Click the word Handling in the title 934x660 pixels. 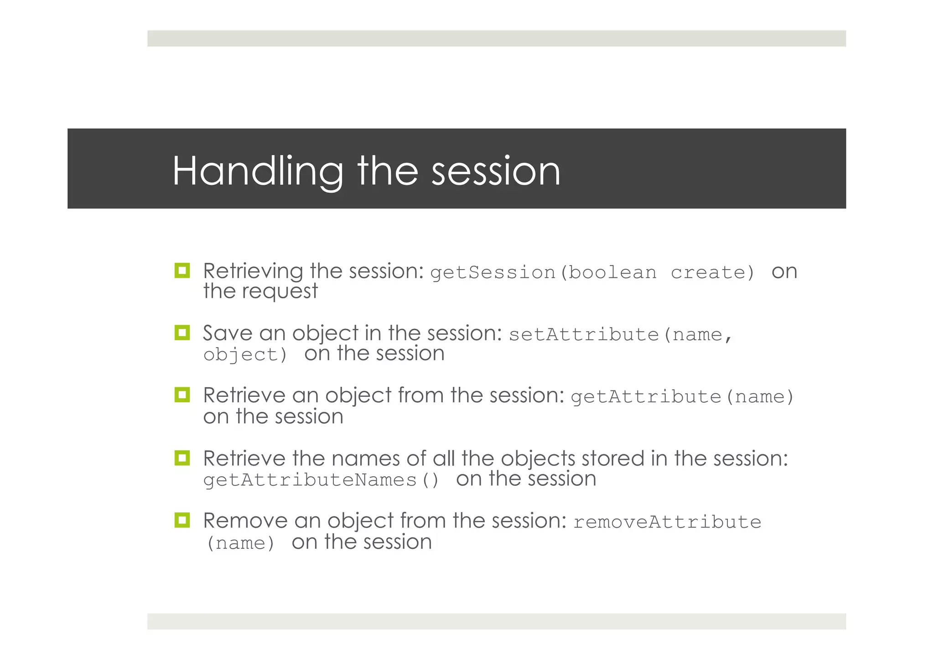(258, 171)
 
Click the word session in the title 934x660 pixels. (496, 172)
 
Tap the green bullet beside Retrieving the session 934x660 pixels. (182, 270)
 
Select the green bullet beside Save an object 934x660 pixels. (182, 333)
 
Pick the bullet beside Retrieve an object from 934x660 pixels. (182, 395)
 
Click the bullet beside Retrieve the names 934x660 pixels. (182, 457)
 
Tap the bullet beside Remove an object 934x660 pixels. (182, 520)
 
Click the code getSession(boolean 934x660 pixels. (543, 273)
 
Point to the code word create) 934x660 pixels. (712, 273)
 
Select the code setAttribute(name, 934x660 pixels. (620, 335)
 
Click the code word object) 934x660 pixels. (245, 355)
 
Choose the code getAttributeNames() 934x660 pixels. (321, 480)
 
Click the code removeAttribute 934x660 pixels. (667, 522)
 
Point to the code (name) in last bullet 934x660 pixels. (241, 543)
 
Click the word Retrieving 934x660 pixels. (253, 271)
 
